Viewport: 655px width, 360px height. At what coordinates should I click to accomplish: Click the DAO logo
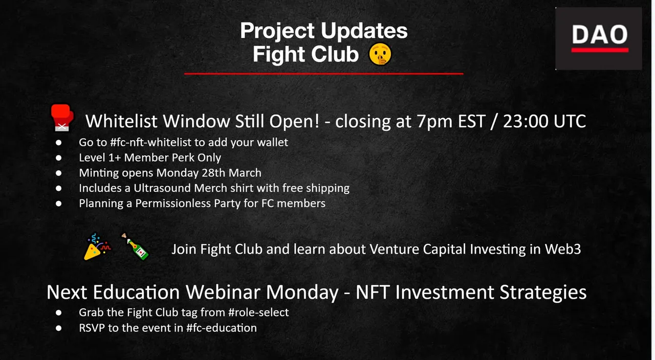[x=599, y=38]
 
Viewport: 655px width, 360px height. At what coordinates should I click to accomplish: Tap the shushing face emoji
[x=380, y=54]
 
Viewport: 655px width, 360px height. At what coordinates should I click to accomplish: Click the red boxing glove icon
[x=62, y=118]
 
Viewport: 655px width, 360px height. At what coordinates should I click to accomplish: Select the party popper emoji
[x=97, y=246]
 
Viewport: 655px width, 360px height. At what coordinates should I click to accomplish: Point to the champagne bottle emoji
[x=135, y=246]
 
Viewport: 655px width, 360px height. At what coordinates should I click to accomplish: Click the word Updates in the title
[x=364, y=31]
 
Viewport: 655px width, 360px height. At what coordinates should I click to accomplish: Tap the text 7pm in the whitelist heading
[x=434, y=121]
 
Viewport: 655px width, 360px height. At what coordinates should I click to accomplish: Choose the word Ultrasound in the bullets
[x=162, y=188]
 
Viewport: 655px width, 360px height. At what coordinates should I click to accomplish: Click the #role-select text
[x=258, y=312]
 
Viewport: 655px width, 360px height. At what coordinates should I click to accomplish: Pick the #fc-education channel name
[x=222, y=328]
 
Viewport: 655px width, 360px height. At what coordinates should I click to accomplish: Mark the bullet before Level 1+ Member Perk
[x=59, y=158]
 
